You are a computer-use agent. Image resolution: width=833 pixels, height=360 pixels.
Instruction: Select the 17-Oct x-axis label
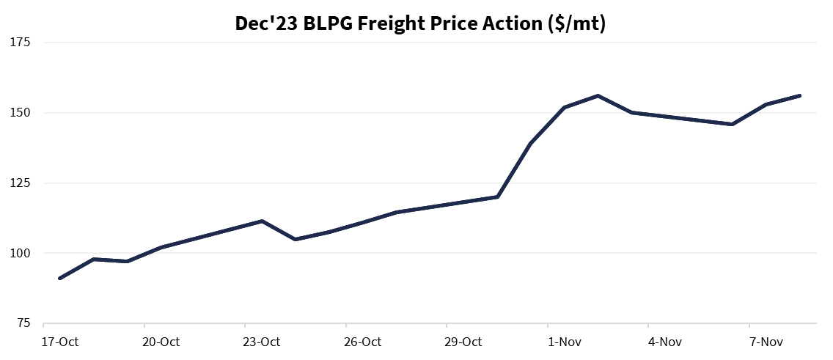[x=60, y=342]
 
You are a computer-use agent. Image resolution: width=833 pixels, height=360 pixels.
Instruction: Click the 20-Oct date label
[x=161, y=342]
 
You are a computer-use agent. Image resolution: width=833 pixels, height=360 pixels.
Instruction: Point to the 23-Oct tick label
[x=262, y=342]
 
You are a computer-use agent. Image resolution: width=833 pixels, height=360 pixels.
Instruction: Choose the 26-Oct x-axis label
[x=363, y=342]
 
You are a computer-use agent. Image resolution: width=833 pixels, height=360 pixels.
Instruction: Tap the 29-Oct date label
[x=463, y=342]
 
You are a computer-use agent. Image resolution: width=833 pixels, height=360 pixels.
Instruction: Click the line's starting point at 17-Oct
[x=59, y=278]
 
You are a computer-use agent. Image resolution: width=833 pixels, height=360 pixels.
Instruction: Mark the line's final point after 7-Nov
[x=799, y=95]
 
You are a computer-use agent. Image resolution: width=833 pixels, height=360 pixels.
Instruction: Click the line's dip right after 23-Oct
[x=295, y=239]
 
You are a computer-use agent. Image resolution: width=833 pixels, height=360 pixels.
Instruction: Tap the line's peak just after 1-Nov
[x=598, y=95]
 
